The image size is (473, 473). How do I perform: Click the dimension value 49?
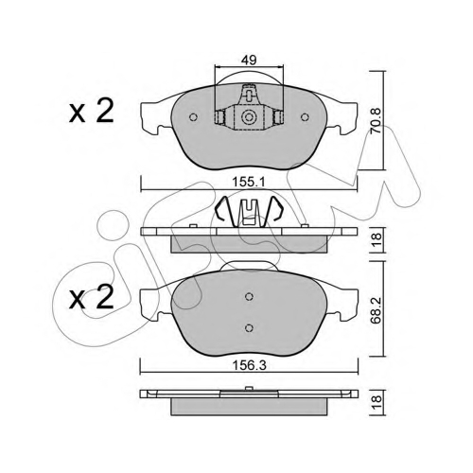(x=249, y=60)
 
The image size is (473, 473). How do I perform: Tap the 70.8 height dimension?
(x=376, y=121)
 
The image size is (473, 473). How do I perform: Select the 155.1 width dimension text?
(x=249, y=182)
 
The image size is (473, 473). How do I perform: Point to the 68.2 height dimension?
(x=376, y=310)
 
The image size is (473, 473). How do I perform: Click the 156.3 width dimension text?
(x=249, y=365)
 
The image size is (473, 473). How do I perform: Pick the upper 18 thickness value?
(x=377, y=240)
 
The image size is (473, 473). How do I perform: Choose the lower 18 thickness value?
(x=377, y=403)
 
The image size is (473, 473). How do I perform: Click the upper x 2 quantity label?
(x=92, y=113)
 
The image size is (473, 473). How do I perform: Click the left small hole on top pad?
(x=193, y=117)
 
